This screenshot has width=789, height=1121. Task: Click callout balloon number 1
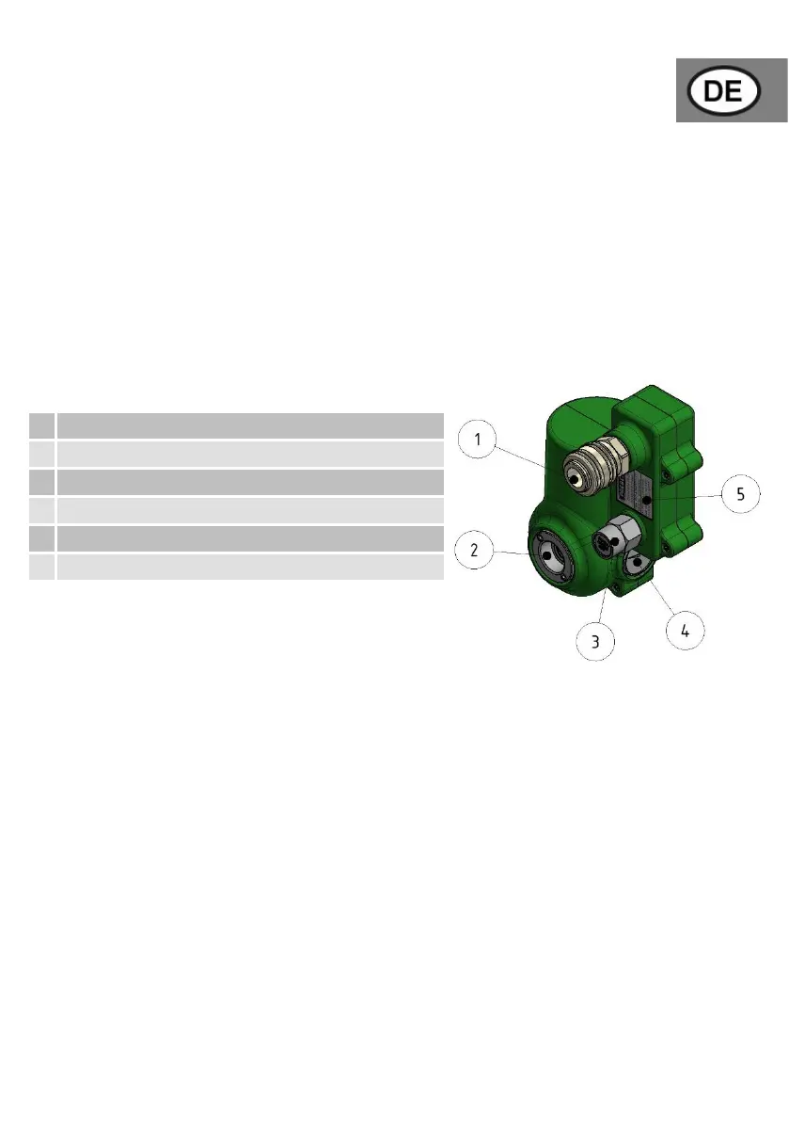[477, 439]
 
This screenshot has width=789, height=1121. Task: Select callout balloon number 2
[474, 550]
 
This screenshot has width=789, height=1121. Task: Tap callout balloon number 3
[595, 641]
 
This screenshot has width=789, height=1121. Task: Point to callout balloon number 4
[685, 631]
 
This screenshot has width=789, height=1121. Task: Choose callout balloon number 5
[740, 493]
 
